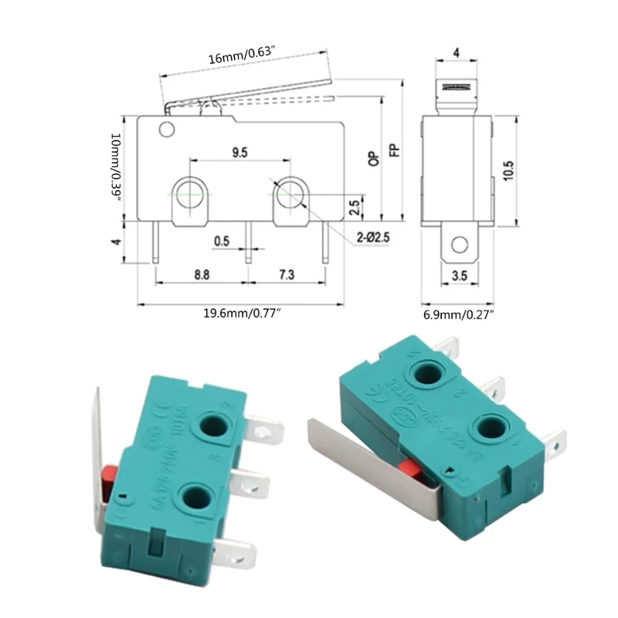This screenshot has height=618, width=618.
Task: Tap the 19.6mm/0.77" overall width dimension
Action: [242, 313]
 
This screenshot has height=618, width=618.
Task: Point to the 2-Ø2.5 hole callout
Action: [373, 238]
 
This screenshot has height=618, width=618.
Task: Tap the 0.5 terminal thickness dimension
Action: [222, 241]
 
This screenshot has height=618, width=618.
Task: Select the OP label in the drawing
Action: [374, 158]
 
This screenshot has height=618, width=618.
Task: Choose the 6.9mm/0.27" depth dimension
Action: [458, 314]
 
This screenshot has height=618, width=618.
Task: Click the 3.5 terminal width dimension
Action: [459, 274]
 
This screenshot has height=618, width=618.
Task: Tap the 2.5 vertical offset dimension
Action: [354, 208]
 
